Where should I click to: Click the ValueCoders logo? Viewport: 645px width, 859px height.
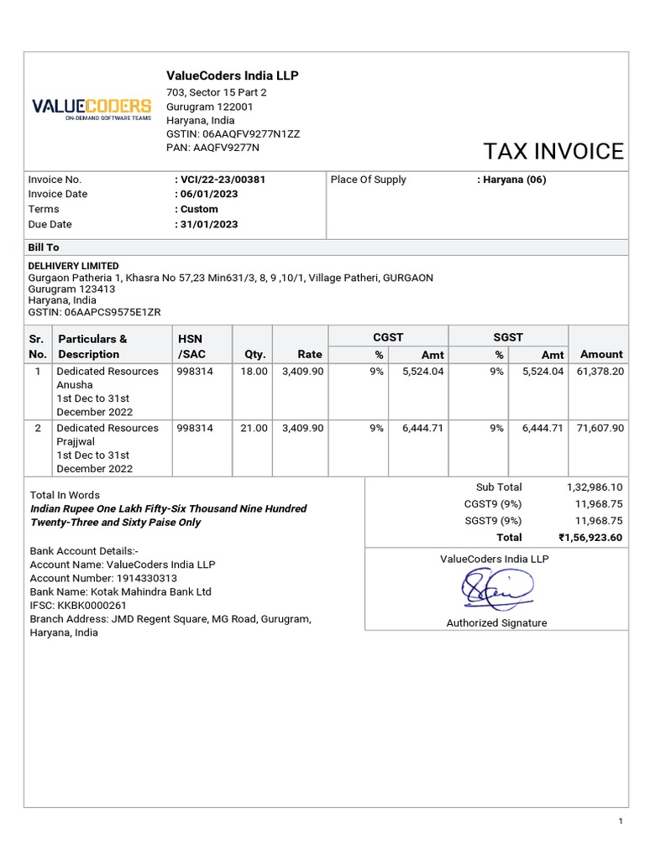click(92, 109)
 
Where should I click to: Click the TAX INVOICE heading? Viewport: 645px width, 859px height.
click(553, 151)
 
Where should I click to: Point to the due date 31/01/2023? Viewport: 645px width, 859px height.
click(208, 225)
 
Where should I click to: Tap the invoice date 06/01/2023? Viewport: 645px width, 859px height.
click(208, 195)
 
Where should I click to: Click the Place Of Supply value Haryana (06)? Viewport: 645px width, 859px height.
click(514, 180)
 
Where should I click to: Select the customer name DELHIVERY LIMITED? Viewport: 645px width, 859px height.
click(74, 266)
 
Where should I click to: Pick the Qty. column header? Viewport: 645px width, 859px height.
click(254, 355)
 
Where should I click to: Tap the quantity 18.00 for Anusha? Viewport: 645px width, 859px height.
click(254, 372)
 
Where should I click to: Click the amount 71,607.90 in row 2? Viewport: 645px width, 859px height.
click(600, 429)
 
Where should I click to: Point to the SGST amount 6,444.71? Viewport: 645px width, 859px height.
click(543, 429)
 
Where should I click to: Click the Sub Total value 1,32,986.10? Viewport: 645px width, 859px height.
click(594, 487)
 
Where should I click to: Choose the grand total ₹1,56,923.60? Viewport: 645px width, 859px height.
click(590, 538)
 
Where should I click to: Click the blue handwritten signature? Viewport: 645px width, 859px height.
click(496, 589)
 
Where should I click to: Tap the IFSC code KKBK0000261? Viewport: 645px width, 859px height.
click(92, 606)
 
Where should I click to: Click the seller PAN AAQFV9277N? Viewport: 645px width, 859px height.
click(227, 148)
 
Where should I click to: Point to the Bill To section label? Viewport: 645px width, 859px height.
click(44, 248)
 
